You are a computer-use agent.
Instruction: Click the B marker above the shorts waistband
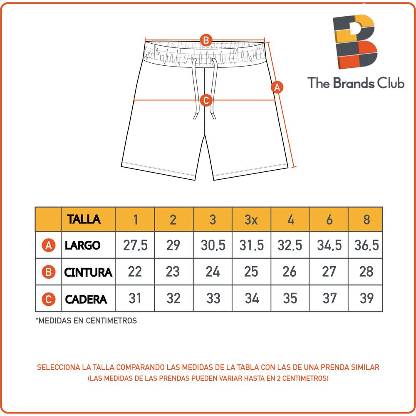206,41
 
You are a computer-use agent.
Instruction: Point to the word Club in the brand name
391,83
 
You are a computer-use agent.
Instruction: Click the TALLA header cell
84,219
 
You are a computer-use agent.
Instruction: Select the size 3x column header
251,220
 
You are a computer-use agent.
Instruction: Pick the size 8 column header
366,220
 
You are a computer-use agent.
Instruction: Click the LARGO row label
82,245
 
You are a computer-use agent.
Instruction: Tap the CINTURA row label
88,272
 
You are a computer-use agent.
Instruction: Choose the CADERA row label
86,299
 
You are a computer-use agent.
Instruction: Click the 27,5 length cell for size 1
135,245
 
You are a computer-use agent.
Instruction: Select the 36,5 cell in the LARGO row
366,245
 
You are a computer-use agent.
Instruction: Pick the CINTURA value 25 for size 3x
251,272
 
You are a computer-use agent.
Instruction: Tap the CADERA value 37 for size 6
329,298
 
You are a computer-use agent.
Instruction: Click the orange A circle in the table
49,246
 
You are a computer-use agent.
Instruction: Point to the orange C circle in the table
49,299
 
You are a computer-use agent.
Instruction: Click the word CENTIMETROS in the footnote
112,321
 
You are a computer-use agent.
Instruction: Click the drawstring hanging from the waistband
204,89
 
